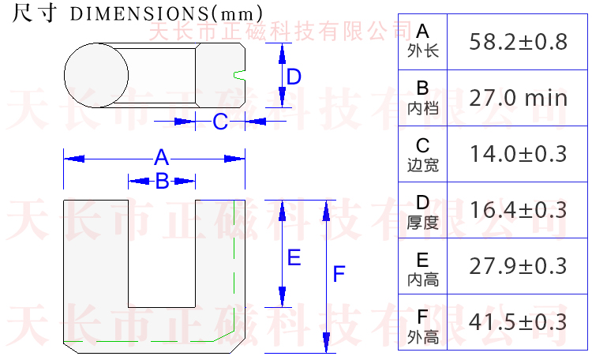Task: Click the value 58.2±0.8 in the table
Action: click(x=518, y=42)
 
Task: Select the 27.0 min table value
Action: click(x=518, y=98)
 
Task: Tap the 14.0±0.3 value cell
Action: click(x=518, y=154)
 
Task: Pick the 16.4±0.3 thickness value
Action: click(x=518, y=210)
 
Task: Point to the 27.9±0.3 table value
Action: click(x=518, y=266)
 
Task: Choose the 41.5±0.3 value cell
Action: click(x=518, y=322)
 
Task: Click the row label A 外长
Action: click(x=422, y=41)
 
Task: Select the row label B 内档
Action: click(x=422, y=98)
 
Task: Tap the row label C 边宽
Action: click(x=422, y=154)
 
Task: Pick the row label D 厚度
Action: click(x=422, y=210)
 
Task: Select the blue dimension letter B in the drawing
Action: click(x=162, y=181)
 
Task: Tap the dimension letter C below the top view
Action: click(x=220, y=122)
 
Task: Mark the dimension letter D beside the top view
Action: click(x=294, y=77)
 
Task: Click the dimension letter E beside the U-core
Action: click(x=293, y=257)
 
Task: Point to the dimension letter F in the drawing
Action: click(x=339, y=274)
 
